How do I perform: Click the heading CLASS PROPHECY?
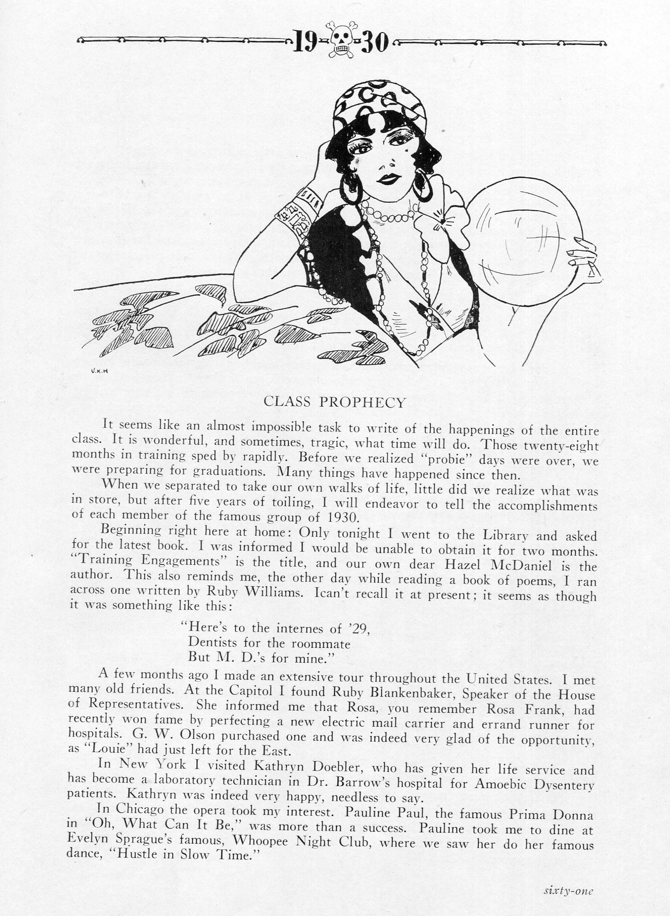click(335, 402)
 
